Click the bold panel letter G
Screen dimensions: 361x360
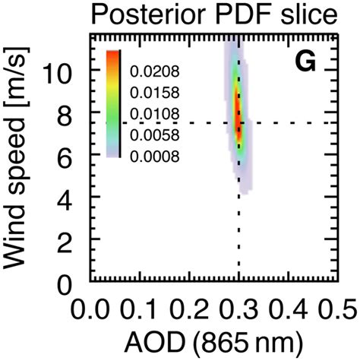pos(305,63)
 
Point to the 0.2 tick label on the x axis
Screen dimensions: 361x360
pos(190,310)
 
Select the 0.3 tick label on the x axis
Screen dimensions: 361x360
pos(239,310)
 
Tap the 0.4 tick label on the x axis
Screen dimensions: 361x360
pos(289,310)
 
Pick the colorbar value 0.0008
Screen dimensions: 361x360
pos(155,157)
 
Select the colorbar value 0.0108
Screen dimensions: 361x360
pos(155,115)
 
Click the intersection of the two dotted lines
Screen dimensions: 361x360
pos(239,122)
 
